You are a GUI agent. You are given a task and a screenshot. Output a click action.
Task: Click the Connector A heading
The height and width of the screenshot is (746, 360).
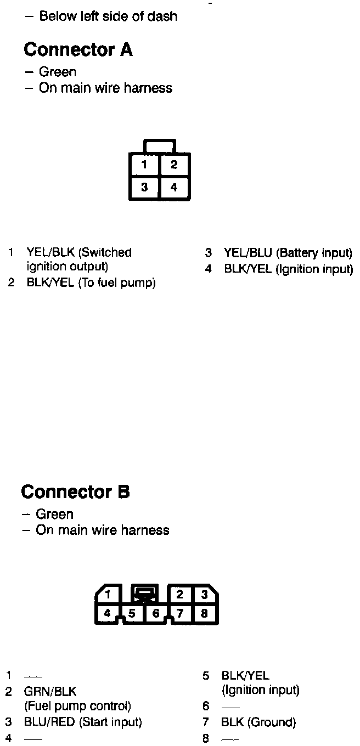point(78,50)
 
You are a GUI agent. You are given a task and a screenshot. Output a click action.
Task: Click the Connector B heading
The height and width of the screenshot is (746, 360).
point(75,492)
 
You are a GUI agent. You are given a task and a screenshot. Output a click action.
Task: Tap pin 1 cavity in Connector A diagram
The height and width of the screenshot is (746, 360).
point(144,165)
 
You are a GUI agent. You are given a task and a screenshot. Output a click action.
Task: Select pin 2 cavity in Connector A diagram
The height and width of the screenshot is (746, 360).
point(174,165)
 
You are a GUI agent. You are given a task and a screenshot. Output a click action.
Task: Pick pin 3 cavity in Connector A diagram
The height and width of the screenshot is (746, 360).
point(144,188)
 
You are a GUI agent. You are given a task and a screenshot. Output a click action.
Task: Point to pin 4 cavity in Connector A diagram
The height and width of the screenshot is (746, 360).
point(174,188)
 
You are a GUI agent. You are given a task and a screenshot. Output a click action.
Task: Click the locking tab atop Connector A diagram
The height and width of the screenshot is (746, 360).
point(159,146)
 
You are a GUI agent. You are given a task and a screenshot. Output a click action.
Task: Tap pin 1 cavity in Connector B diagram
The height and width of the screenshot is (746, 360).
point(109,594)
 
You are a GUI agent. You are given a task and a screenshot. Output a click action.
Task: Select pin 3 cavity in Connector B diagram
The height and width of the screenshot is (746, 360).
point(204,594)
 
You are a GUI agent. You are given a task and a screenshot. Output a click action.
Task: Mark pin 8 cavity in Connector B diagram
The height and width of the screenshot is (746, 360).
point(204,613)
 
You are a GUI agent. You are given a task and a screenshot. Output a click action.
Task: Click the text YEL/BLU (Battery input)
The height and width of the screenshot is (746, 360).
point(288,253)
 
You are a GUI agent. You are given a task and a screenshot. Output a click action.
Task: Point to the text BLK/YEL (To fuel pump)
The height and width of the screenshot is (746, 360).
point(91,283)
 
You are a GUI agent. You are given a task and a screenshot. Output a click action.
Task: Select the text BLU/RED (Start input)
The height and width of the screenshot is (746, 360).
point(83,722)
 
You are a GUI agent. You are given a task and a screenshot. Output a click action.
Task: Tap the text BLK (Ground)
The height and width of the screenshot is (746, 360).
point(258,722)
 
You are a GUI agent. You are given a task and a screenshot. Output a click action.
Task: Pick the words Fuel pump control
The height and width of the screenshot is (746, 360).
point(78,707)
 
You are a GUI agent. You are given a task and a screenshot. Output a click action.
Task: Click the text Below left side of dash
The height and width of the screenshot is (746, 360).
point(108,16)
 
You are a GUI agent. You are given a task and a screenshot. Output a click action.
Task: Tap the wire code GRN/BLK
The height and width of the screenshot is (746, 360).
point(50,692)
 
